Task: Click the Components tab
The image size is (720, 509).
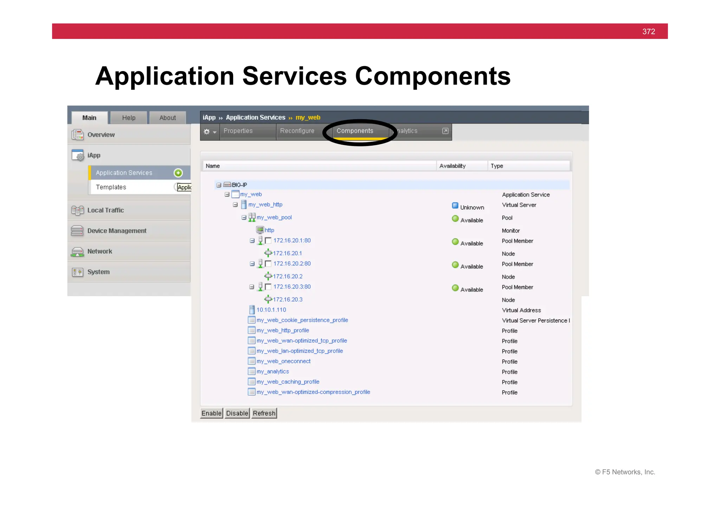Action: pyautogui.click(x=355, y=131)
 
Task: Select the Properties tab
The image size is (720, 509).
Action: pyautogui.click(x=238, y=131)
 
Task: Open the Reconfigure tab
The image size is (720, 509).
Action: pyautogui.click(x=297, y=131)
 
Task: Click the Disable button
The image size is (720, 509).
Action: pyautogui.click(x=237, y=413)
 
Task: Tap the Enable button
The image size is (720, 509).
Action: pyautogui.click(x=211, y=413)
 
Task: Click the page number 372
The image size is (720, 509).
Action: pyautogui.click(x=648, y=32)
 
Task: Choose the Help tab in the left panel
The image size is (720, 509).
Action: pyautogui.click(x=129, y=118)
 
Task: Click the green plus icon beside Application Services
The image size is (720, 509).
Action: pyautogui.click(x=178, y=173)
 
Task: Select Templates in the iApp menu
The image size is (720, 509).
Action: pyautogui.click(x=111, y=187)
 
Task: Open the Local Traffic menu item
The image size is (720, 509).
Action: pyautogui.click(x=105, y=210)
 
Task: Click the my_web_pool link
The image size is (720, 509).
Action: pyautogui.click(x=274, y=217)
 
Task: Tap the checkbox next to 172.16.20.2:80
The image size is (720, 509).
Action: pyautogui.click(x=268, y=264)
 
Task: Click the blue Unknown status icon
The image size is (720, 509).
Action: pyautogui.click(x=455, y=205)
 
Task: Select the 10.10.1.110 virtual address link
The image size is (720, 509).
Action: pyautogui.click(x=271, y=310)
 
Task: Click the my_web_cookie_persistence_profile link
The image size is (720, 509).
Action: pyautogui.click(x=302, y=320)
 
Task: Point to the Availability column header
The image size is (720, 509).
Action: pyautogui.click(x=452, y=166)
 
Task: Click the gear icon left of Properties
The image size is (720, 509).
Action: pyautogui.click(x=207, y=132)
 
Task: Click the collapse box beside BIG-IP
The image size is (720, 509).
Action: pyautogui.click(x=219, y=185)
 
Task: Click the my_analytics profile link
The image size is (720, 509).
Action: pyautogui.click(x=272, y=371)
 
